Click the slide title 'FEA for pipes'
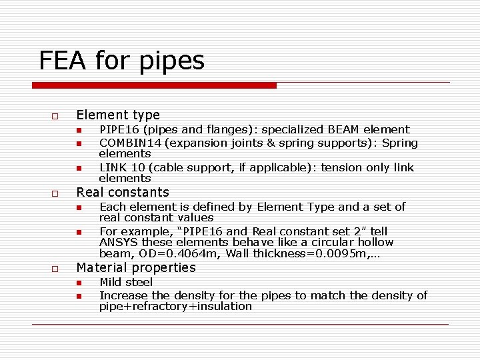pos(122,61)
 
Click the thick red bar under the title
pos(155,85)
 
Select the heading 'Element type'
pos(118,115)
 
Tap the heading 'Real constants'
pos(123,193)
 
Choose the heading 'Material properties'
pos(136,268)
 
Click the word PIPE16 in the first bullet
pos(117,129)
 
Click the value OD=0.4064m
pos(187,253)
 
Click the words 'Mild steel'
pos(125,283)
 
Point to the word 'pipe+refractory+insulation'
pos(175,307)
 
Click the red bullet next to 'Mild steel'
pos(78,283)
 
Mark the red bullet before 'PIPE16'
pos(78,130)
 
